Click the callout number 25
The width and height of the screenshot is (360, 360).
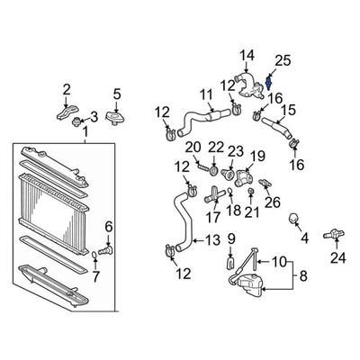[282, 60]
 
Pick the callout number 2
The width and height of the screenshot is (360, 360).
[66, 88]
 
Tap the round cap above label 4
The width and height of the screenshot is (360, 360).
[293, 218]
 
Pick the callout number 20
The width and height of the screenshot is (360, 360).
[192, 147]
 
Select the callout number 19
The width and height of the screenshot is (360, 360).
[256, 155]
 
